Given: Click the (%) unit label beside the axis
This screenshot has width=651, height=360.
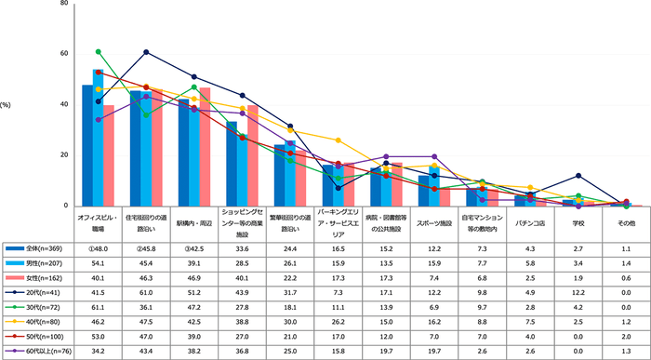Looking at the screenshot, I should click(x=7, y=104).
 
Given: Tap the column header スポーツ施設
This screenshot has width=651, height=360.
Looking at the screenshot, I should click(x=434, y=223).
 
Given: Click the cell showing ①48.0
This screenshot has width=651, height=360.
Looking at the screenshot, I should click(x=98, y=249).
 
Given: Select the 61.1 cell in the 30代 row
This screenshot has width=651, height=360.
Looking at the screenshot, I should click(x=99, y=307).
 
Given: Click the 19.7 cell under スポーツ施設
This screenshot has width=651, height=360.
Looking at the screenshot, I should click(x=434, y=352).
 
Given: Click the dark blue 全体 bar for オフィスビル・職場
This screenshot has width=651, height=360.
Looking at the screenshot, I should click(x=87, y=145).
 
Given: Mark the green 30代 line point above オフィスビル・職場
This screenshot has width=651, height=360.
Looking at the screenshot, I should click(x=99, y=52).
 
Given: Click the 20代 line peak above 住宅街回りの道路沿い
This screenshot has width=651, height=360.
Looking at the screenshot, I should click(x=147, y=52).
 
